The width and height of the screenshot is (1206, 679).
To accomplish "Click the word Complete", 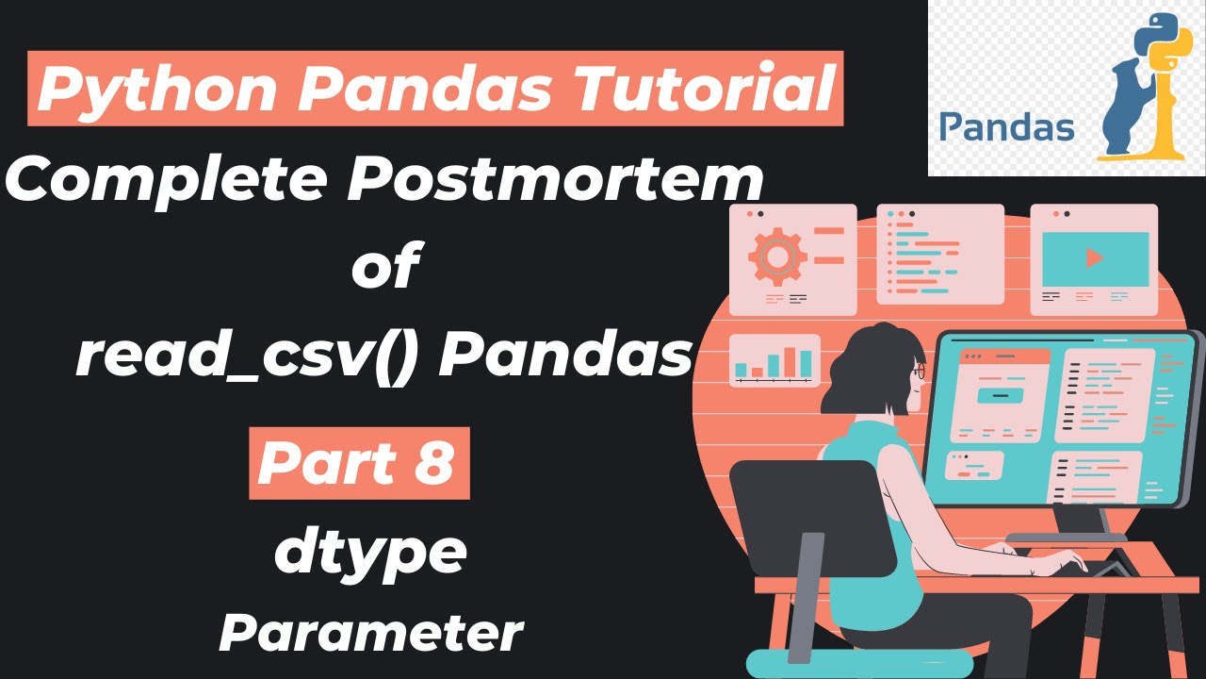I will (x=171, y=180).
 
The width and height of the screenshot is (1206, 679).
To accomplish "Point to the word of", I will (x=383, y=267).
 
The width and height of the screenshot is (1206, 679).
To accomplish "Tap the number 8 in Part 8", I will (x=433, y=462).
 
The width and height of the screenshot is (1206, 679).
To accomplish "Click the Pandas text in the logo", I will (x=1006, y=125).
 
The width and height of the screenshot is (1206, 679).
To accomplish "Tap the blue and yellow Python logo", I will (x=1155, y=38).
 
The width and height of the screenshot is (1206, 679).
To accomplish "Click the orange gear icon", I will (x=776, y=255).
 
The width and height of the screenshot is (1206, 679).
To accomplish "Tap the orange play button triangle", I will (x=1094, y=257).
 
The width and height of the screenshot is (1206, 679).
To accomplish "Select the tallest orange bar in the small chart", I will (x=806, y=362).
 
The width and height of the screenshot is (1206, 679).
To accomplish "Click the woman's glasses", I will (x=919, y=373).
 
